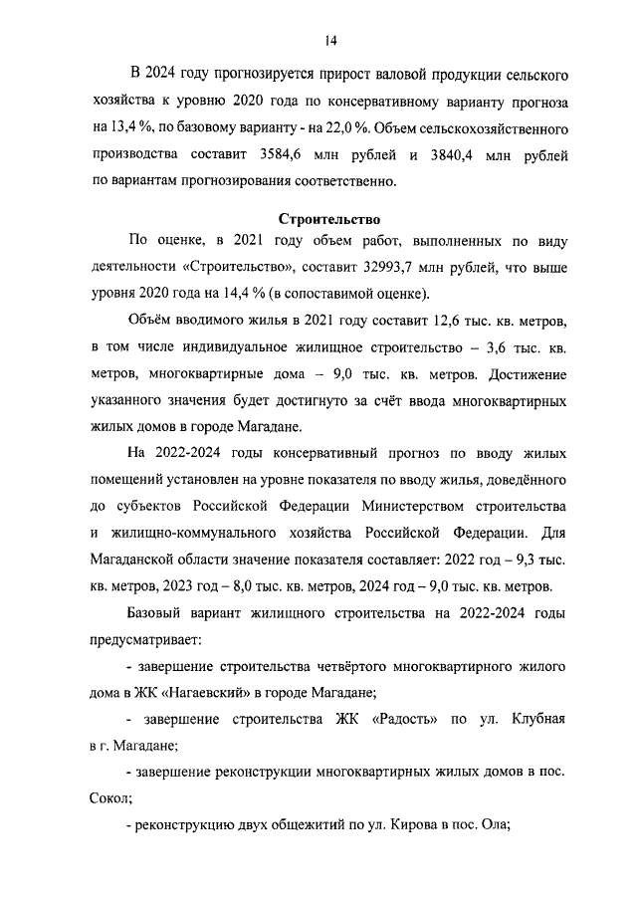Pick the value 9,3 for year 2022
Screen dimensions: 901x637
click(x=529, y=559)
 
